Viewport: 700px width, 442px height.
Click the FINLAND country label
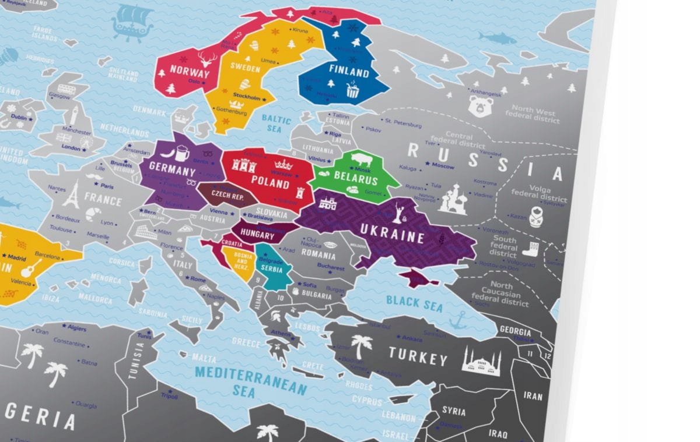(349, 73)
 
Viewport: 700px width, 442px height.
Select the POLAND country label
(270, 183)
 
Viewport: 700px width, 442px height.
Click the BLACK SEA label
(415, 303)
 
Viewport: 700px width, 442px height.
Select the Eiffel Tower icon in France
(71, 195)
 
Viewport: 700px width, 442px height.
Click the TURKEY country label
(418, 356)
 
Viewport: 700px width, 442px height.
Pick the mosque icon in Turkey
(482, 362)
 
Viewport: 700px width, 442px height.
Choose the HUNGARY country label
(256, 235)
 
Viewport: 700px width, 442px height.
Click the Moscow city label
(443, 167)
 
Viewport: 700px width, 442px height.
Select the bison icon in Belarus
(359, 160)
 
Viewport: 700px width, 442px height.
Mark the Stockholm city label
(246, 97)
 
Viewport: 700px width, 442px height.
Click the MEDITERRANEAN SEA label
(251, 381)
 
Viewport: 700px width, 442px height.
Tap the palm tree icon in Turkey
(361, 345)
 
